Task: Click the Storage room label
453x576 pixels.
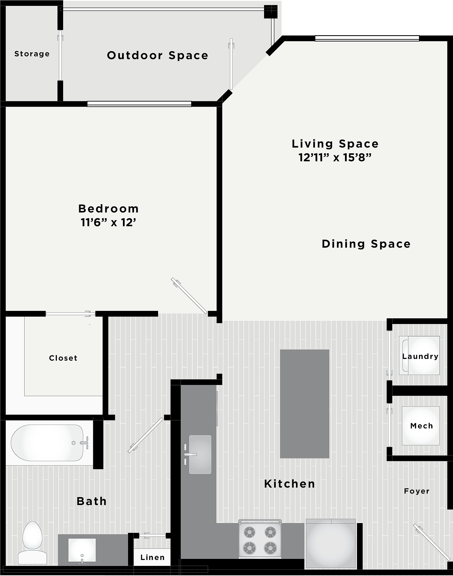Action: (32, 54)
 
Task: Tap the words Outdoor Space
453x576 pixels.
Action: (157, 55)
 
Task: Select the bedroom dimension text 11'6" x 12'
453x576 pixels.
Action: (108, 223)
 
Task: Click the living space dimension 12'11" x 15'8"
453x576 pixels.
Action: (335, 158)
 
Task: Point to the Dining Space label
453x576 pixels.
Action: (366, 244)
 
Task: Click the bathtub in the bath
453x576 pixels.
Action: (47, 443)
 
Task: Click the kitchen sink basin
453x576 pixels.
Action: (200, 454)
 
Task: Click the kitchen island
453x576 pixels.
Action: (304, 404)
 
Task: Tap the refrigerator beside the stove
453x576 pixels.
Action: (331, 543)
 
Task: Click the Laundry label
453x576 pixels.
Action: (420, 356)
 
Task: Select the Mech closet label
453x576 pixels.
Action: (422, 426)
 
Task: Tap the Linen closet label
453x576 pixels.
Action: (152, 557)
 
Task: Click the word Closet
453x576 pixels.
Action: (63, 358)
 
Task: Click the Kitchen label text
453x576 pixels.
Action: (290, 484)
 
